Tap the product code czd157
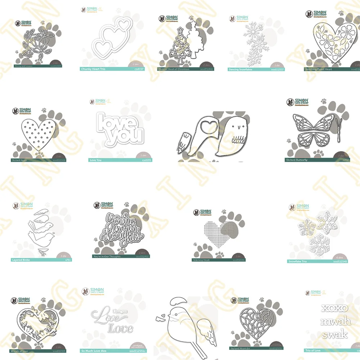139,69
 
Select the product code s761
68,259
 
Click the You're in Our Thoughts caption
107,256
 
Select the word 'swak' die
335,334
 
